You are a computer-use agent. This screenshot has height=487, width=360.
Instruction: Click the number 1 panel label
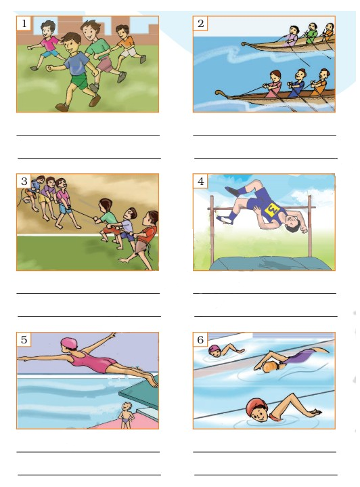(x=24, y=23)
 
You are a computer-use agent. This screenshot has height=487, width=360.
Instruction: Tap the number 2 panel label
(x=200, y=23)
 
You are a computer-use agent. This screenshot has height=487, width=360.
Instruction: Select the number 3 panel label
(x=24, y=181)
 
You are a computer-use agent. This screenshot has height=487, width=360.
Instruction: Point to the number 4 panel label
(x=200, y=181)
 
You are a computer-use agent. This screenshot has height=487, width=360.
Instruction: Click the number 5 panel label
(x=24, y=339)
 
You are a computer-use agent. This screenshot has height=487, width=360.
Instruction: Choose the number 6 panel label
(x=200, y=339)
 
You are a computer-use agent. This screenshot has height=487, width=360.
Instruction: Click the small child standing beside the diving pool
(x=126, y=415)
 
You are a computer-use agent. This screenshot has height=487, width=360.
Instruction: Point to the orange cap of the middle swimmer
(x=269, y=367)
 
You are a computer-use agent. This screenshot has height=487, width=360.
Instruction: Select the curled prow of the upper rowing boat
(x=246, y=44)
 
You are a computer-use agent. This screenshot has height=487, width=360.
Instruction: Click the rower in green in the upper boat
(x=311, y=33)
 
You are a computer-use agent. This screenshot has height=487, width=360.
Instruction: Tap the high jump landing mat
(x=271, y=263)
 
